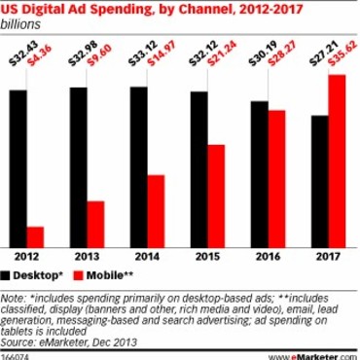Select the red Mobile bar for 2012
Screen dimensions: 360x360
pyautogui.click(x=36, y=238)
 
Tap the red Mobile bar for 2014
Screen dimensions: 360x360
pyautogui.click(x=153, y=212)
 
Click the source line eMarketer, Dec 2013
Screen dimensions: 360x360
pyautogui.click(x=68, y=342)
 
